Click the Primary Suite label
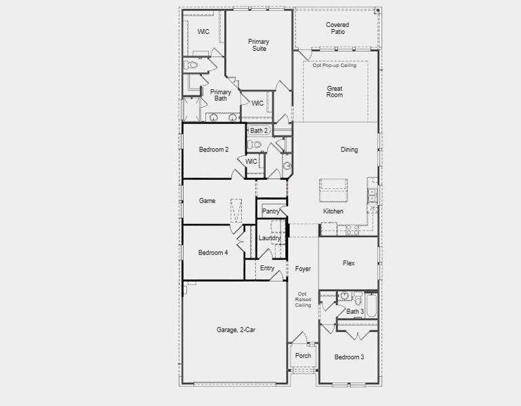(258, 45)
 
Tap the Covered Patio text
(337, 28)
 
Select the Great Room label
(335, 92)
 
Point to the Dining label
(349, 150)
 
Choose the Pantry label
(271, 212)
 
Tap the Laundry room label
(270, 238)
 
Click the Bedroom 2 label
(213, 150)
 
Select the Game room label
(207, 201)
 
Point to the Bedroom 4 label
(213, 253)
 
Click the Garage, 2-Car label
(236, 330)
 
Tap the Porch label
(303, 356)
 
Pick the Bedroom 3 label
(349, 357)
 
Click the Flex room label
(349, 263)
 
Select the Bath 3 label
(355, 312)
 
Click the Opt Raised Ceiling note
(303, 300)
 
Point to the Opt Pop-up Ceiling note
(335, 66)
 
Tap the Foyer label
(303, 269)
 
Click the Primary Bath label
(220, 95)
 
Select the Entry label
(268, 269)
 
